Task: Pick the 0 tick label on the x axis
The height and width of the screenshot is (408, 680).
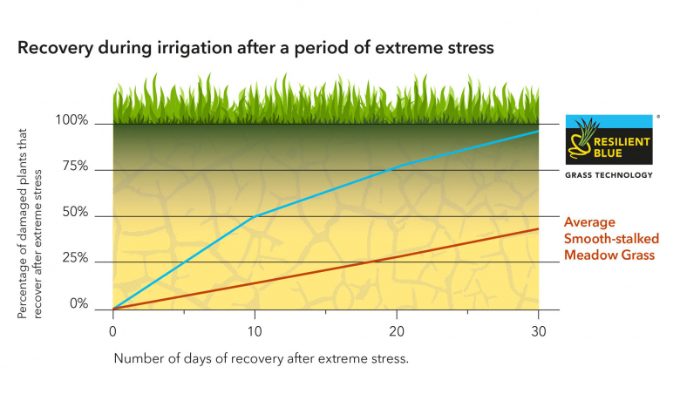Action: click(x=112, y=332)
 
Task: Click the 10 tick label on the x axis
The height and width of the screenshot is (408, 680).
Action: click(x=253, y=332)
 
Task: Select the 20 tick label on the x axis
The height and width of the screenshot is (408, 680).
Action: click(x=396, y=332)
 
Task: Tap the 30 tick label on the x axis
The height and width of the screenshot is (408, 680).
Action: click(x=538, y=332)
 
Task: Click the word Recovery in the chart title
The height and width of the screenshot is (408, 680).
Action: click(x=54, y=49)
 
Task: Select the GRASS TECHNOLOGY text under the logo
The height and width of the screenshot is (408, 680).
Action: click(x=609, y=175)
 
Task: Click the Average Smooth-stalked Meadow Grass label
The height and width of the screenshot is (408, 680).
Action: click(x=602, y=239)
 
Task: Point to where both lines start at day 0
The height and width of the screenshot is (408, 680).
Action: click(x=113, y=309)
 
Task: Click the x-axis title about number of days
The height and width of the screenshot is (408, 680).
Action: click(x=261, y=358)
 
